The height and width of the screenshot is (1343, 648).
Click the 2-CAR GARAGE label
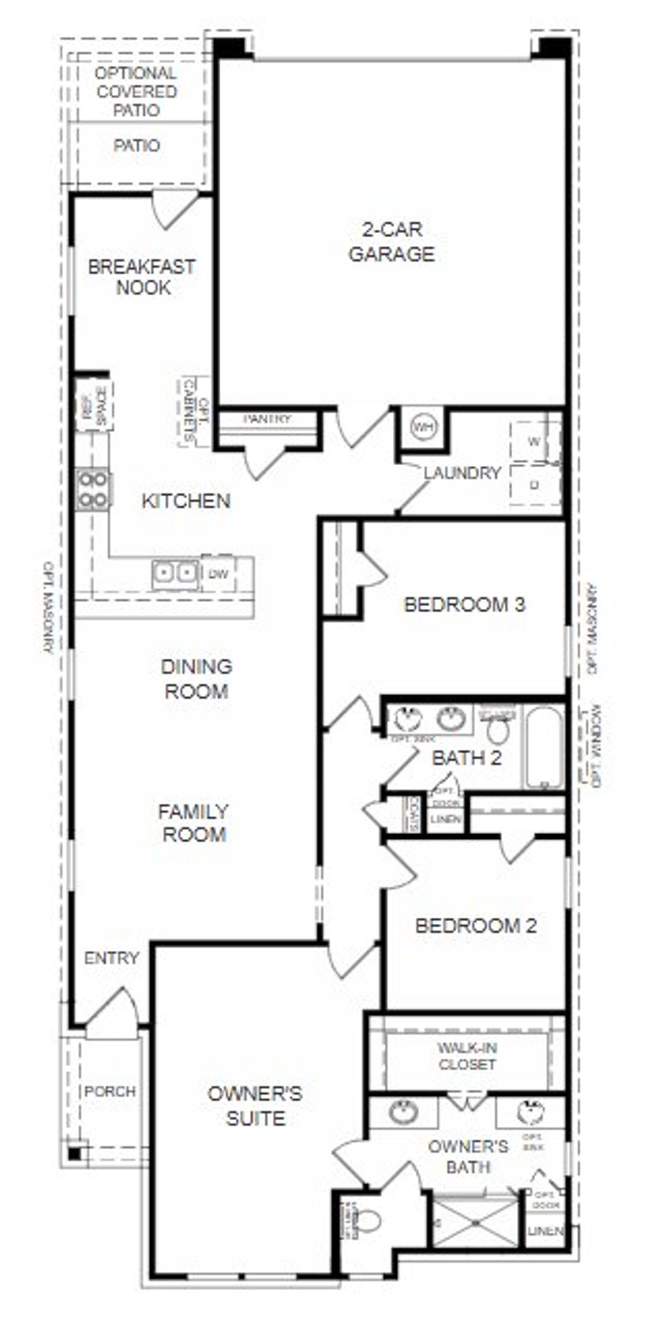(x=392, y=242)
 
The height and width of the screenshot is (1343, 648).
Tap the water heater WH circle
(x=422, y=428)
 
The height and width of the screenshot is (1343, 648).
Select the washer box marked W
(x=534, y=441)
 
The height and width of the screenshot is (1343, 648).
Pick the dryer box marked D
(x=534, y=486)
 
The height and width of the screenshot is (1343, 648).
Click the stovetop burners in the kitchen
(x=93, y=490)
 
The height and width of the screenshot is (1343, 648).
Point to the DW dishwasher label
(x=218, y=574)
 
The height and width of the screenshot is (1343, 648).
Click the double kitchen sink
(x=175, y=574)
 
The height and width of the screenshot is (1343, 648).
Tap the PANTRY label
(x=267, y=419)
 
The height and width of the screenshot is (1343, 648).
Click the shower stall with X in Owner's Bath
(x=475, y=1222)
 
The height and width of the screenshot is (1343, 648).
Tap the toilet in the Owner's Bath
(x=369, y=1220)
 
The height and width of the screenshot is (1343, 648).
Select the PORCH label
(x=110, y=1091)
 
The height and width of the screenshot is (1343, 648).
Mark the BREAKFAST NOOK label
(x=142, y=277)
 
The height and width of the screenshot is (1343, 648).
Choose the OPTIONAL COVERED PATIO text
(x=137, y=92)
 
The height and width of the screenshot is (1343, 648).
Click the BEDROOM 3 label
(x=464, y=605)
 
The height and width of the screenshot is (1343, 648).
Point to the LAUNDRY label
(x=462, y=473)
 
